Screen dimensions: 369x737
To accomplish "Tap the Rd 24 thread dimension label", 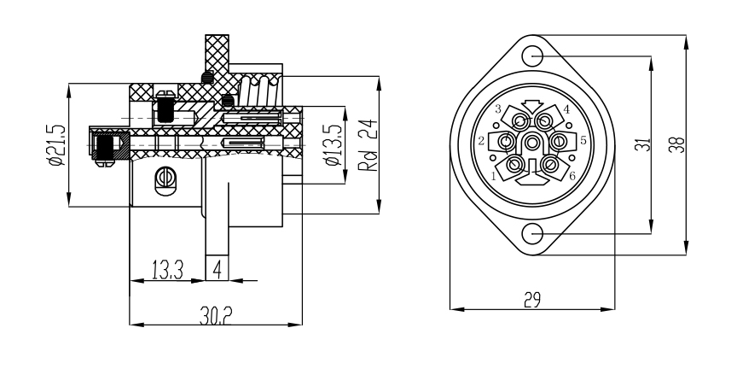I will [x=368, y=145].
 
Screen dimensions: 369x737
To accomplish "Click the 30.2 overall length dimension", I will [x=216, y=314].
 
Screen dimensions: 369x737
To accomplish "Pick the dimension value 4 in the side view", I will [x=218, y=270].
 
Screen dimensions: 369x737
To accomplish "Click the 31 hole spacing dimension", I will [x=642, y=145].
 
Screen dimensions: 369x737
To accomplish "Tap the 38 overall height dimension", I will [x=677, y=145].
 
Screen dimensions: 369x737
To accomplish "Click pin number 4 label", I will [x=566, y=110].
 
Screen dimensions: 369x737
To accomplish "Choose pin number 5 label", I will [x=583, y=140].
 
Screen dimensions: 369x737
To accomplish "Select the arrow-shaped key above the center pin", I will [x=533, y=106].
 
